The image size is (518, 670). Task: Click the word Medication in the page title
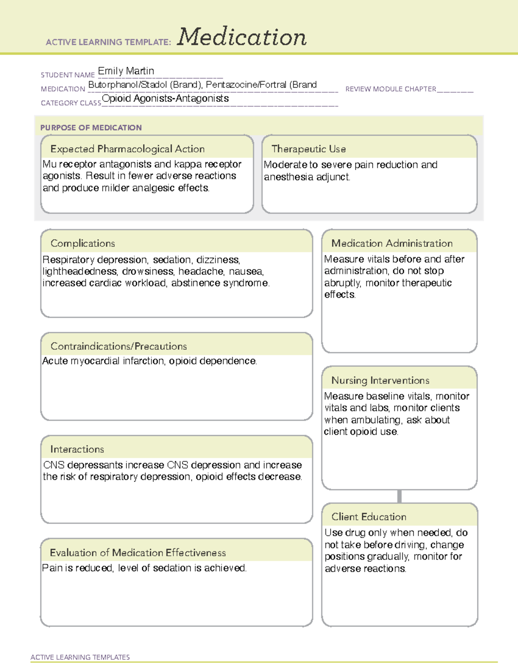[x=242, y=37]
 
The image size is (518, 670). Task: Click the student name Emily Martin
[x=126, y=71]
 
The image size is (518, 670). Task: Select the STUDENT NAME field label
[x=68, y=75]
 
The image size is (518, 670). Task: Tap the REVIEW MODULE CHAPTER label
[x=391, y=89]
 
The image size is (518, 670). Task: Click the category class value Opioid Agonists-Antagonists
[x=165, y=98]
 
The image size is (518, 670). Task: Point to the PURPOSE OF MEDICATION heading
[x=91, y=128]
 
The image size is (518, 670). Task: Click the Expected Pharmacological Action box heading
[x=127, y=149]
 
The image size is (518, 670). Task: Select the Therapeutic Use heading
[x=309, y=149]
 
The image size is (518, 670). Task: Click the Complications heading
[x=83, y=243]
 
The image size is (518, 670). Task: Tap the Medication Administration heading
[x=392, y=243]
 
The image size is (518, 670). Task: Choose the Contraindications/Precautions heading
[x=119, y=346]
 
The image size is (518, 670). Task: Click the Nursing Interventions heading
[x=380, y=380]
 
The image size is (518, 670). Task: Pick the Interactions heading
[x=77, y=449]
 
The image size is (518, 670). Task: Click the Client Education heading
[x=369, y=516]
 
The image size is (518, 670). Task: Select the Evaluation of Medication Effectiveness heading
[x=138, y=553]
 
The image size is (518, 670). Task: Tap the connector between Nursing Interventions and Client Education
[x=399, y=496]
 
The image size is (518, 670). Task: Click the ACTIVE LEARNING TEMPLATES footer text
[x=80, y=657]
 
